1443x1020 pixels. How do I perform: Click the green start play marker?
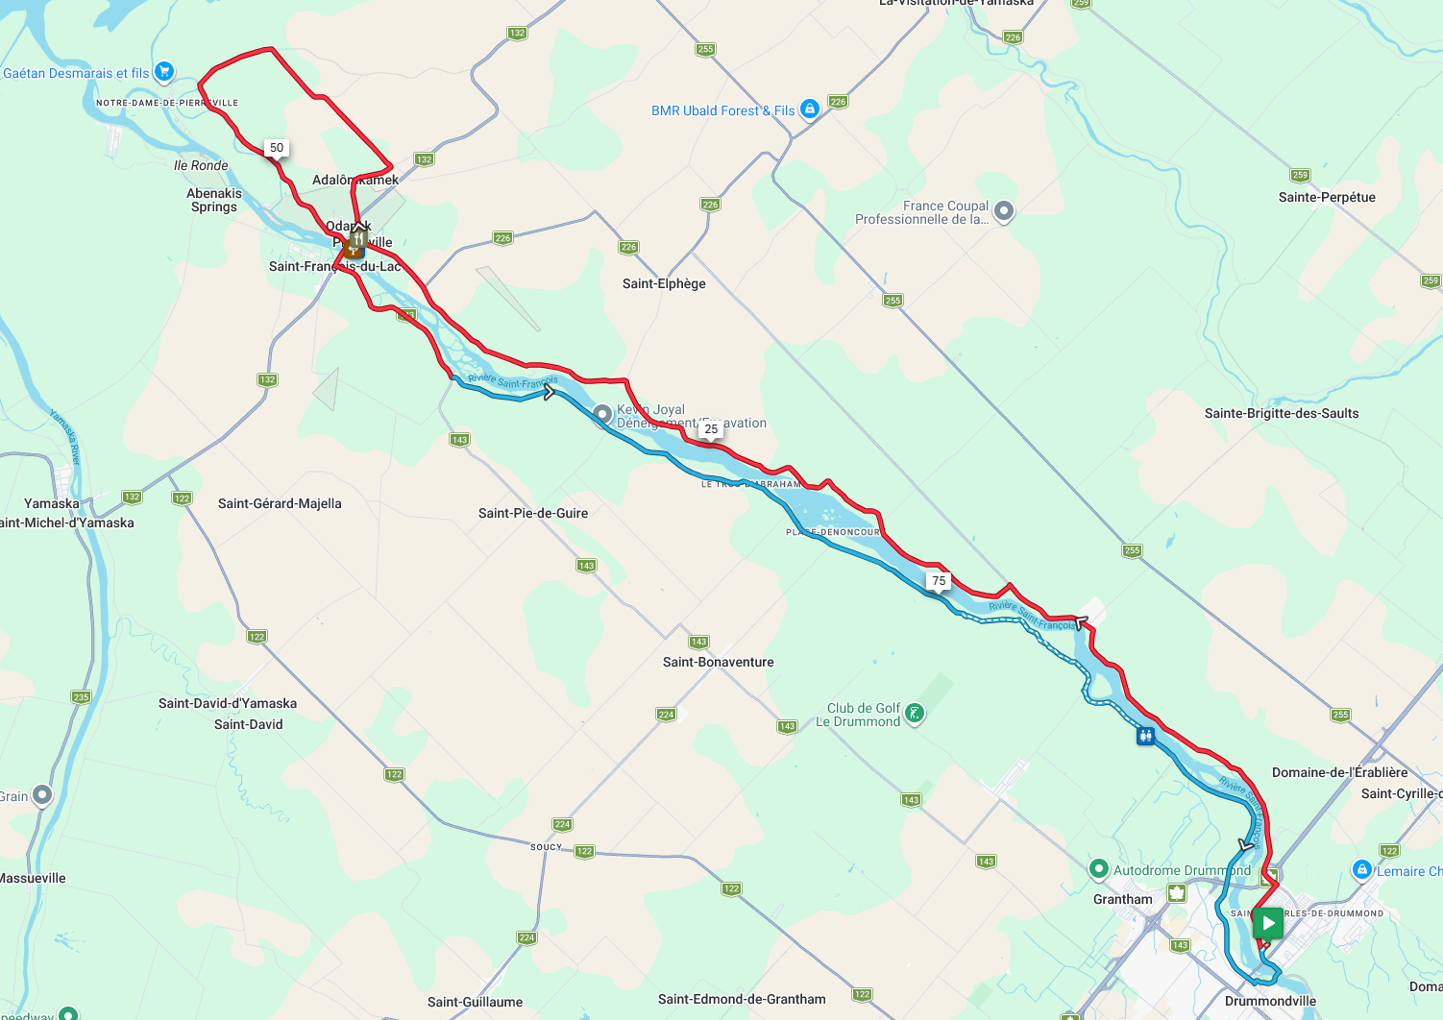pos(1268,924)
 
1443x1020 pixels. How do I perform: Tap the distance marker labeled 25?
pos(711,429)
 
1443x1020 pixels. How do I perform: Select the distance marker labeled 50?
pos(277,148)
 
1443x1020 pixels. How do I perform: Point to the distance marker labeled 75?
pos(939,580)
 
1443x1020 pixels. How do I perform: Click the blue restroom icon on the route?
pos(1145,736)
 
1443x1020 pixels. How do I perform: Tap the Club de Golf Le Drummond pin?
pos(915,714)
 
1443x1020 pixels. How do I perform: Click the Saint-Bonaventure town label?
pos(718,662)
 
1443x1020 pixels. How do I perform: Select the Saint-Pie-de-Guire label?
pos(533,513)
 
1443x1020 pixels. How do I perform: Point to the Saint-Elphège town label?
pos(664,283)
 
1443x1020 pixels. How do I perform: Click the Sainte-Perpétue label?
pos(1327,197)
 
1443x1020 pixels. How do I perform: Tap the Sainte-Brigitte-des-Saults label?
pos(1282,413)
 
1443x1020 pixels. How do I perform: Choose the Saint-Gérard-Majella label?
pos(280,503)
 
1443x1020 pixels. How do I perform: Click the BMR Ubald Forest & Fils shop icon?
pos(810,109)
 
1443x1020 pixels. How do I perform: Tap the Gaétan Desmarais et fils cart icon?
pos(163,71)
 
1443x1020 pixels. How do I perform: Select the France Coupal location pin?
pos(1003,211)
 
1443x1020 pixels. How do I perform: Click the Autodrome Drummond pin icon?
pos(1099,869)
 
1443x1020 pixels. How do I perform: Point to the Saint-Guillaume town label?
pos(475,1002)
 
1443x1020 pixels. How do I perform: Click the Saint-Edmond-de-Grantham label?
pos(742,999)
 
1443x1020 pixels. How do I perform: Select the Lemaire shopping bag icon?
pos(1361,870)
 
